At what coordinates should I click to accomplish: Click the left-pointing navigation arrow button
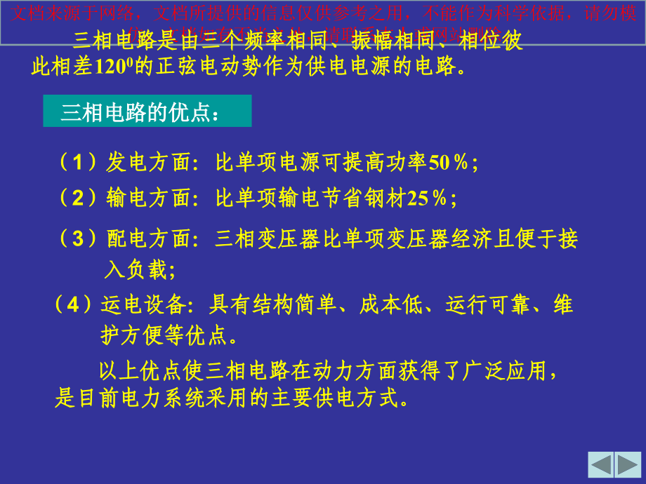click(601, 464)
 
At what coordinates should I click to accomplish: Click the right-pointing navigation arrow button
click(628, 464)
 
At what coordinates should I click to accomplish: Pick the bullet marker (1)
click(78, 163)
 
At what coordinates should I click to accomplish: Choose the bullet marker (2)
click(78, 199)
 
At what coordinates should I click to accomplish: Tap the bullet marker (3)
click(78, 238)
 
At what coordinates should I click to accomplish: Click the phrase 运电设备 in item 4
click(144, 305)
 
